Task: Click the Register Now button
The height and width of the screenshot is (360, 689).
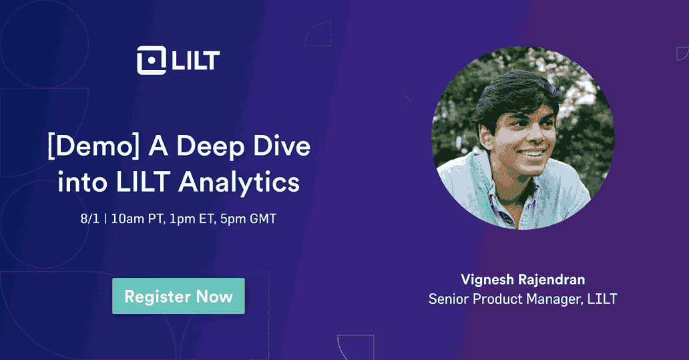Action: (178, 296)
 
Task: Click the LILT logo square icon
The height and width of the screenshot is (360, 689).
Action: (150, 60)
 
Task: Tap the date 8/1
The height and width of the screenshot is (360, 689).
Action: (88, 220)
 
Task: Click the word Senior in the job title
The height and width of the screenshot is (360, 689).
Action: (449, 299)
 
